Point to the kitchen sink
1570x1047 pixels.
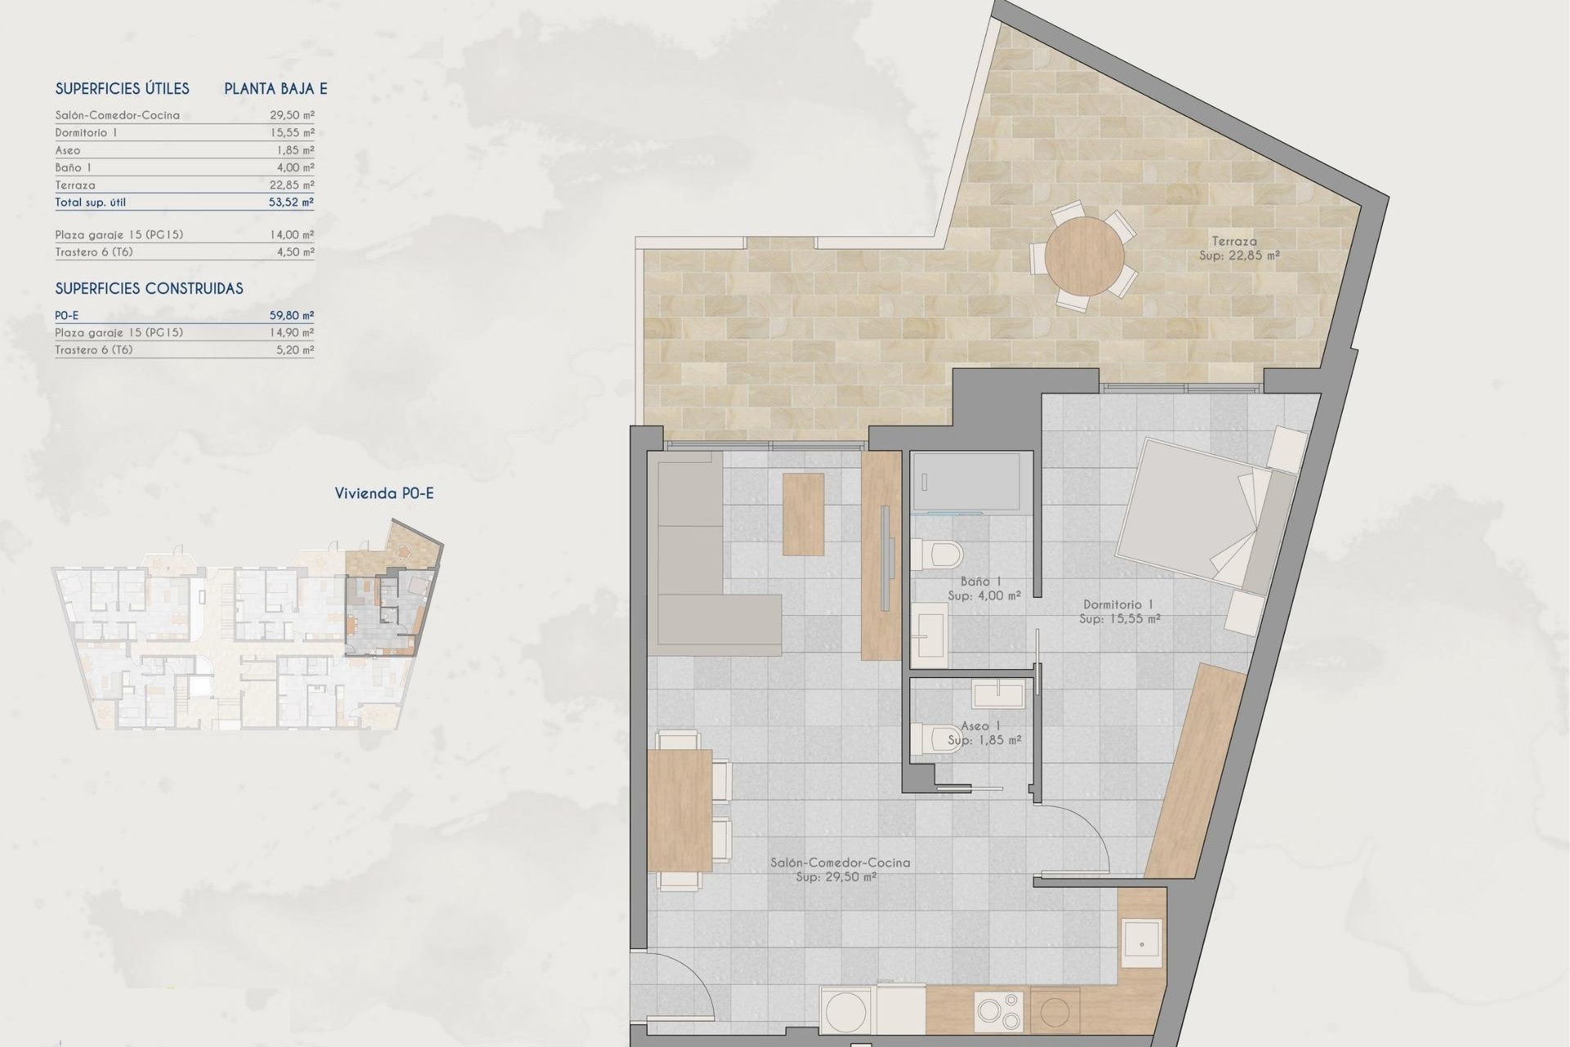tap(1142, 943)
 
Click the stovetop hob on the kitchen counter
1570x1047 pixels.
tap(998, 1011)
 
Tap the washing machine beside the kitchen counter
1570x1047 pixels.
tap(846, 1012)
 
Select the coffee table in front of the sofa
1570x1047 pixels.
tap(803, 515)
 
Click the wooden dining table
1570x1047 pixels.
tap(680, 810)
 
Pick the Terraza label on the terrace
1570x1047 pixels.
tap(1235, 241)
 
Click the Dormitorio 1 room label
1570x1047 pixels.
tap(1118, 604)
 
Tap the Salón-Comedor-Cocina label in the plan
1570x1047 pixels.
tap(840, 862)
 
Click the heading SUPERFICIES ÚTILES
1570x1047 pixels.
tap(122, 88)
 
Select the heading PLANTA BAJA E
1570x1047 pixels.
tap(276, 88)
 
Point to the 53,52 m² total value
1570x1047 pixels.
tap(291, 202)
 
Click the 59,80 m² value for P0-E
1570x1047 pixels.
tap(291, 315)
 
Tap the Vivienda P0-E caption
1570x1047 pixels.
tap(384, 493)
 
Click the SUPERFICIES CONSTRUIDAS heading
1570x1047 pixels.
tap(149, 288)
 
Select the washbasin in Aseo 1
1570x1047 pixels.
tap(998, 695)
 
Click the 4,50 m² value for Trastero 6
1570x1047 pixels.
tap(295, 252)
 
